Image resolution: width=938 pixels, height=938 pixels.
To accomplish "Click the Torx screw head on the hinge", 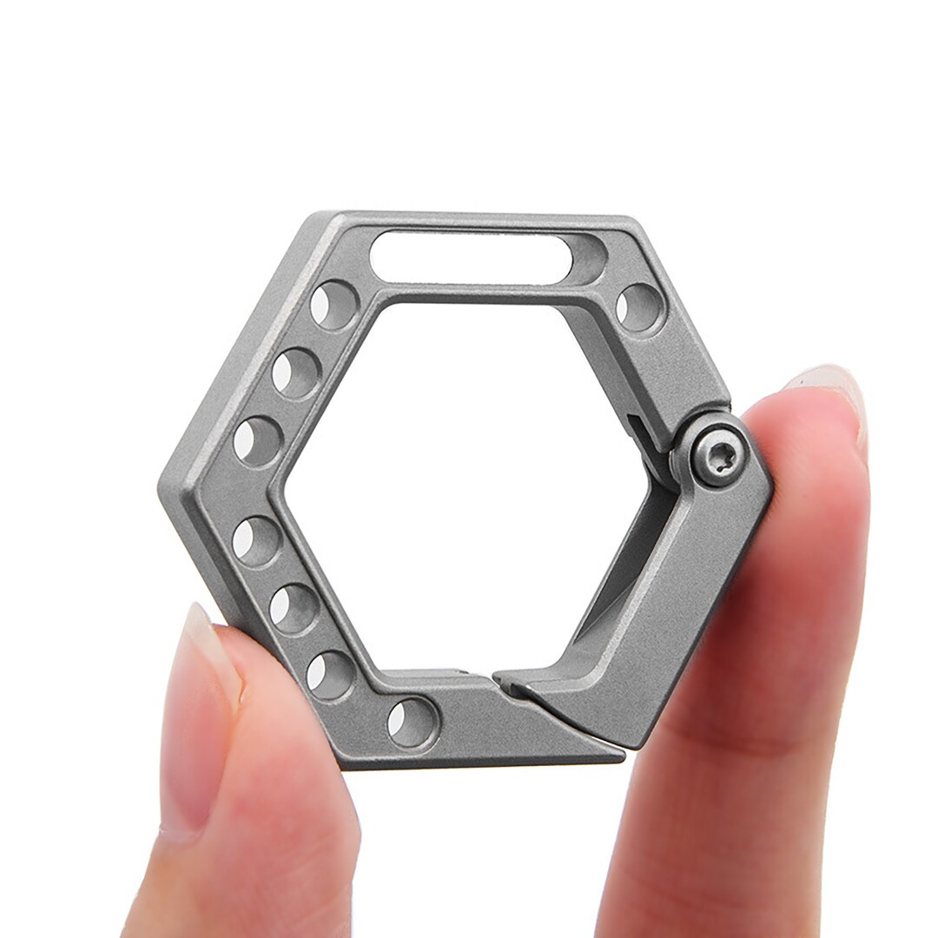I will pyautogui.click(x=720, y=457).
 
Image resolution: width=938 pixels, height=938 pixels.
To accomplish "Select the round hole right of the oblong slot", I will pyautogui.click(x=640, y=307).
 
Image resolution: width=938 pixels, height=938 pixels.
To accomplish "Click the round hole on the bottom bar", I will pyautogui.click(x=412, y=722).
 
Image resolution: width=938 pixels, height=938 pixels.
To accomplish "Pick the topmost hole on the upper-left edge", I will pyautogui.click(x=334, y=305).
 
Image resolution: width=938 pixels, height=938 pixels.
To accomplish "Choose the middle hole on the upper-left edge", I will pyautogui.click(x=295, y=373).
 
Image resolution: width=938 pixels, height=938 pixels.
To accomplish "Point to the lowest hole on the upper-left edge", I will pyautogui.click(x=257, y=440).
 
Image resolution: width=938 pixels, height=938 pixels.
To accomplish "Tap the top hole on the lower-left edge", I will pyautogui.click(x=256, y=541).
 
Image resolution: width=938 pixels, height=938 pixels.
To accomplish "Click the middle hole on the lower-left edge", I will pyautogui.click(x=294, y=608).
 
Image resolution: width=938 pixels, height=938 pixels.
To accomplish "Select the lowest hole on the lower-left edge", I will pyautogui.click(x=331, y=674).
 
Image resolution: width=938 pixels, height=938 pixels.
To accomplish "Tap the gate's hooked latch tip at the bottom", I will pyautogui.click(x=512, y=686).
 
